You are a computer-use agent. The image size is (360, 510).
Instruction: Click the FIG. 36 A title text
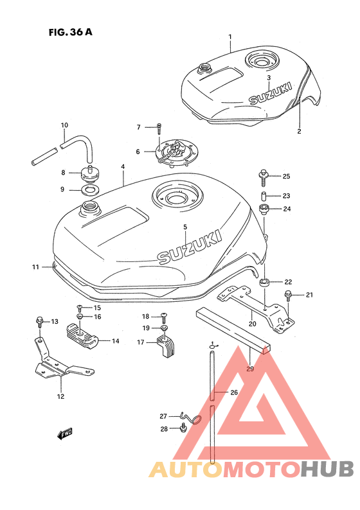pos(71,32)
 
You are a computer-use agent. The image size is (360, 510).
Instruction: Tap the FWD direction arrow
pos(65,434)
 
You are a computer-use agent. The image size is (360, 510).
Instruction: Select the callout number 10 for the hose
pos(64,125)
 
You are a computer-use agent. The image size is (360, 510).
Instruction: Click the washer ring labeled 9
pos(89,190)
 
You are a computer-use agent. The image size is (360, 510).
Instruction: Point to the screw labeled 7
pos(159,128)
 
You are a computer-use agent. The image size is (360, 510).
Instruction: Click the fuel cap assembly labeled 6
pos(175,152)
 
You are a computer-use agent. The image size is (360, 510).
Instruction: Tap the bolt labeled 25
pos(263,177)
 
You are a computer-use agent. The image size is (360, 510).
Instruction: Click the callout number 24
pos(287,209)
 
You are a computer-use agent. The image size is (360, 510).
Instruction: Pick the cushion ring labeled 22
pos(265,283)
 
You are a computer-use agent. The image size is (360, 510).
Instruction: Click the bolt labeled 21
pos(288,295)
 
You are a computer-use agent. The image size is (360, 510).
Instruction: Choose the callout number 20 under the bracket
pos(252,324)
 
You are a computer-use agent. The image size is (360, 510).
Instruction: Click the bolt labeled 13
pos(40,322)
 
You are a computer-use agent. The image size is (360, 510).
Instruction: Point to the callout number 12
pos(61,396)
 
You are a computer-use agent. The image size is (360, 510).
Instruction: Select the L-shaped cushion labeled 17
pos(166,347)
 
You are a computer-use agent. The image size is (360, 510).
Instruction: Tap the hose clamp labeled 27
pos(192,419)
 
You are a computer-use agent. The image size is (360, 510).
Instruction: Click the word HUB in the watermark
pos(327,469)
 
